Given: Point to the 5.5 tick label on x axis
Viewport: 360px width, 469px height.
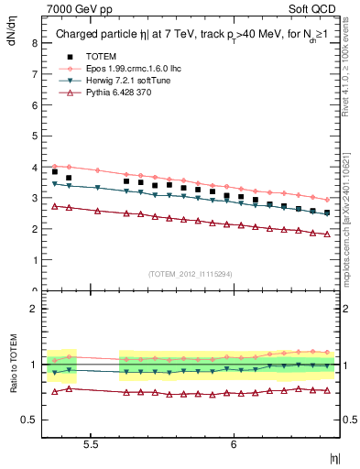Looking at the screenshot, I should pyautogui.click(x=92, y=443).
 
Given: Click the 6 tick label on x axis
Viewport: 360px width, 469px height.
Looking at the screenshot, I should pyautogui.click(x=234, y=443).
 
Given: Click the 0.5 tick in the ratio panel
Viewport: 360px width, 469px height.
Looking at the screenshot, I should pyautogui.click(x=28, y=420).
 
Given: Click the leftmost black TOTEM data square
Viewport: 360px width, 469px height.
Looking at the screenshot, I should pyautogui.click(x=55, y=171).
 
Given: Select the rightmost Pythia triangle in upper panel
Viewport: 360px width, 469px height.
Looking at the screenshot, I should pyautogui.click(x=327, y=234).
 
